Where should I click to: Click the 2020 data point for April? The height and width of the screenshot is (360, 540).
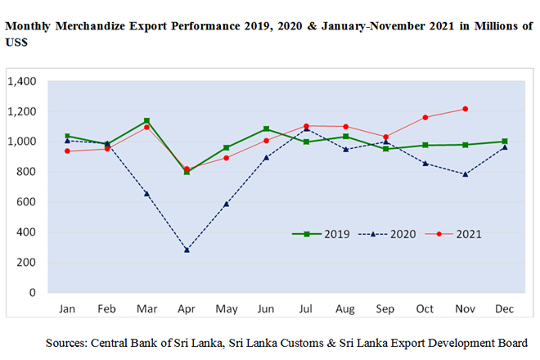coord(187,250)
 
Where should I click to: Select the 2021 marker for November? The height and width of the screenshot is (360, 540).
coord(465,109)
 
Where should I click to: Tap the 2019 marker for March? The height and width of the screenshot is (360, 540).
coord(146,121)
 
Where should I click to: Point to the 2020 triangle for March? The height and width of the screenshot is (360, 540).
coord(146,193)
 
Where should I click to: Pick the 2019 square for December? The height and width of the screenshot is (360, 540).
coord(505,142)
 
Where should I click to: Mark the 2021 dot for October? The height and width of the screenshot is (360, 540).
coord(425,118)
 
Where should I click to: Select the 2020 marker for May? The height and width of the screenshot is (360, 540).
coord(227,204)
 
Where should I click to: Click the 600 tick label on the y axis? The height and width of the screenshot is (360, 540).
coord(28,201)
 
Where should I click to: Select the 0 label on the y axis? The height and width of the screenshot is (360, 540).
coord(34,292)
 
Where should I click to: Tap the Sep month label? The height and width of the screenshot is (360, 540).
coord(385,310)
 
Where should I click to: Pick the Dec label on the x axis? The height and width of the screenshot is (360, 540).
coord(505,310)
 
